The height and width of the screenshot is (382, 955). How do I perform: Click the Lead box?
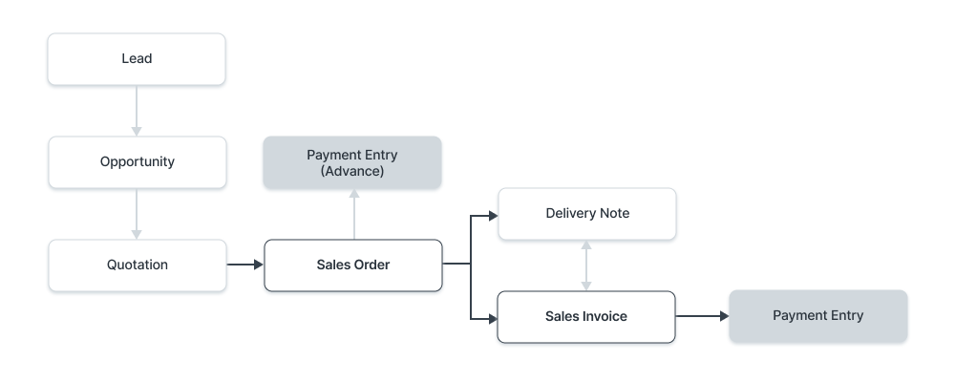pos(137,59)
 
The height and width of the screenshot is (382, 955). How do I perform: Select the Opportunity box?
pos(137,162)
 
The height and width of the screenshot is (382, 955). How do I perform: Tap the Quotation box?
pos(137,265)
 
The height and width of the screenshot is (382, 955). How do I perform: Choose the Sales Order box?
pos(352,265)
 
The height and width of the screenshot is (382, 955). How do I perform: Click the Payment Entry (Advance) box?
pos(352,162)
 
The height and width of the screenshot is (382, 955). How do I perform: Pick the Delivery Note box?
pos(587,214)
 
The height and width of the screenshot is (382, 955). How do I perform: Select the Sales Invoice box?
pos(586,317)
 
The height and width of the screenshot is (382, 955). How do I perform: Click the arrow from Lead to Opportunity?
pos(137,111)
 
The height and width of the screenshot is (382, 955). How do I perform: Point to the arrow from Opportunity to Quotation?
pos(137,214)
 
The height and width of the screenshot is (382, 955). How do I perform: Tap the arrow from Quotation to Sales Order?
pos(244,265)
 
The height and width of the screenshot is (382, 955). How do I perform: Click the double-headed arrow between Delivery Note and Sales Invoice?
pos(587,265)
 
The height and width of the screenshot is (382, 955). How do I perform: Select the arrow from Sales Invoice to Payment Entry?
pos(702,316)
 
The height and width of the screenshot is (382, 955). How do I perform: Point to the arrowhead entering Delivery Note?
pos(493,215)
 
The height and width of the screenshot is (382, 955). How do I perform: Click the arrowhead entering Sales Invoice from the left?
pos(493,316)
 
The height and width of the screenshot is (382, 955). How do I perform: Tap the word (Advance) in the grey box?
pos(352,171)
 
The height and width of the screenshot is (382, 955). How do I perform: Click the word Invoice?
pos(605,317)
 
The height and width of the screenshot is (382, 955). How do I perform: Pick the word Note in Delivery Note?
pos(614,214)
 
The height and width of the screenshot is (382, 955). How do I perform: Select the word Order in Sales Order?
pos(371,265)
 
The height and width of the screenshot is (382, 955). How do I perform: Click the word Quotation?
pos(137,265)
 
